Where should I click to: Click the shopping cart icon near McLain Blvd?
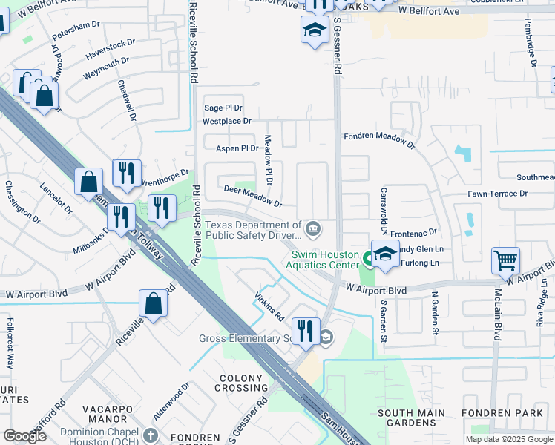point(505,261)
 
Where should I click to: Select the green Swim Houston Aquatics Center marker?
point(367,259)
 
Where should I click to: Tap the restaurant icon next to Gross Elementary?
point(306,330)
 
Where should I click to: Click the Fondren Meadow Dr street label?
point(378,138)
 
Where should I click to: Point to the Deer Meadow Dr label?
point(253,197)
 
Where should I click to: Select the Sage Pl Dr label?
point(223,108)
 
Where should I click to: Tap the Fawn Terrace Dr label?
point(497,194)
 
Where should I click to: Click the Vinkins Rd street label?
point(269,306)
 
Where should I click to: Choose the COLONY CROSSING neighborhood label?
point(241,383)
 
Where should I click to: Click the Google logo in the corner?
point(24,435)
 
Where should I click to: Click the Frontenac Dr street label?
point(415,232)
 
